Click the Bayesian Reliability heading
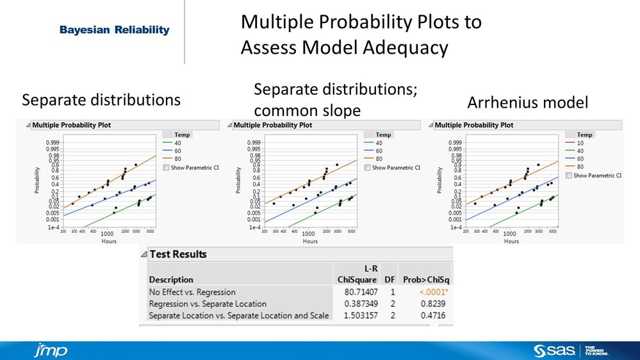pyautogui.click(x=114, y=30)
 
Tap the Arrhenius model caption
pyautogui.click(x=527, y=102)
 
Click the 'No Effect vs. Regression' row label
pyautogui.click(x=192, y=292)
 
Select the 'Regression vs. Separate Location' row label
pyautogui.click(x=208, y=304)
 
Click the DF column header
pyautogui.click(x=389, y=279)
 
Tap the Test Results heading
pyautogui.click(x=178, y=254)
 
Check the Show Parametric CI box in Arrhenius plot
pyautogui.click(x=569, y=176)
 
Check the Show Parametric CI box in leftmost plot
pyautogui.click(x=167, y=167)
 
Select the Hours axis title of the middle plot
pyautogui.click(x=310, y=241)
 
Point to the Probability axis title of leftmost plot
pyautogui.click(x=37, y=181)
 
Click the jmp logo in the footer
pyautogui.click(x=50, y=350)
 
